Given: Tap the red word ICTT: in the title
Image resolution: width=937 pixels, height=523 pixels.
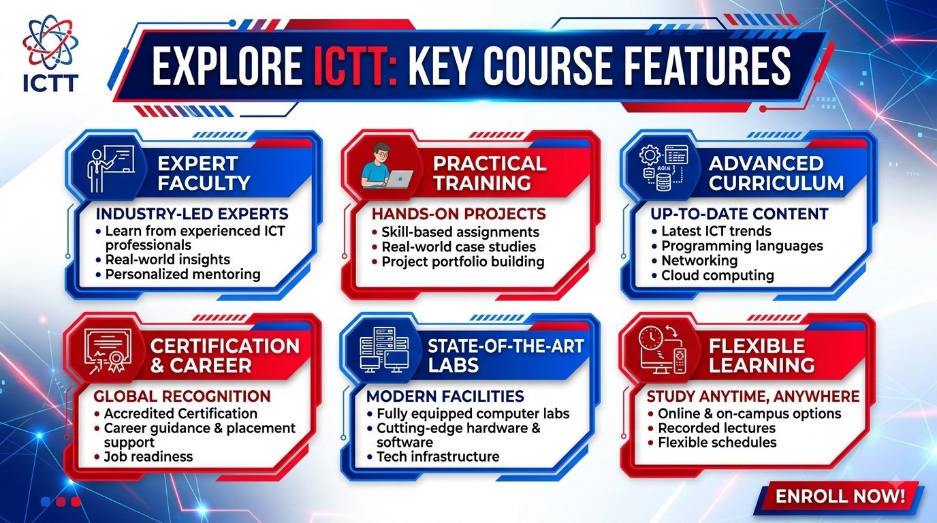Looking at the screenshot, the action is coord(355,66).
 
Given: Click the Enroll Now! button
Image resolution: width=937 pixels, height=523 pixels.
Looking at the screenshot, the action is coord(840,496).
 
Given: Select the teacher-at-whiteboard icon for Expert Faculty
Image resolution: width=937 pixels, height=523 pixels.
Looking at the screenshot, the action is coord(111,168).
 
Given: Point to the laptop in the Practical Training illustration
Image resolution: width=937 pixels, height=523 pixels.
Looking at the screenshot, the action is coord(399,179).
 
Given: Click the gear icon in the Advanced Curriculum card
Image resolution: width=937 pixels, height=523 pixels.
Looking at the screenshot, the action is coord(650,156).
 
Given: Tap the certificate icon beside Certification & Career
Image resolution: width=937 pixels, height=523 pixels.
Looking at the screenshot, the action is coord(108,351).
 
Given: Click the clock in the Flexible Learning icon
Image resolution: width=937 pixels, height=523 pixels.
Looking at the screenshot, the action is coord(651,337).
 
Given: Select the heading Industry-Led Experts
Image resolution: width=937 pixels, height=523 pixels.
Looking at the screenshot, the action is coord(192,214).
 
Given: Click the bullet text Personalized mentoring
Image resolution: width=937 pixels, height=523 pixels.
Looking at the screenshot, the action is coord(182,274).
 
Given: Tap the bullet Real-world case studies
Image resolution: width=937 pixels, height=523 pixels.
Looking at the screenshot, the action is coord(458,247).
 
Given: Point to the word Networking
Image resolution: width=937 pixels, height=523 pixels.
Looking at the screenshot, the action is coord(699,261).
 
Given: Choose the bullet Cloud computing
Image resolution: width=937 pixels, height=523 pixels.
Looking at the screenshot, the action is coord(718,275).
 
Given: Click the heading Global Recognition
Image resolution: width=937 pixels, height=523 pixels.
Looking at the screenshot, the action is coord(182,396).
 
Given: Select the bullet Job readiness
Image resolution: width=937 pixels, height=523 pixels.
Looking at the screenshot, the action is coord(148,456).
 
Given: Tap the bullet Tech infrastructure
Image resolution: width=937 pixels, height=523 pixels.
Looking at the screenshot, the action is coord(438,456).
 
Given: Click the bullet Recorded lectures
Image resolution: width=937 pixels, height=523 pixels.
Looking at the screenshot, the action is coord(716,428).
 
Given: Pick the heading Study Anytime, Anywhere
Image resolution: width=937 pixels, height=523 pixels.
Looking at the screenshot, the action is coord(753,396).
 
